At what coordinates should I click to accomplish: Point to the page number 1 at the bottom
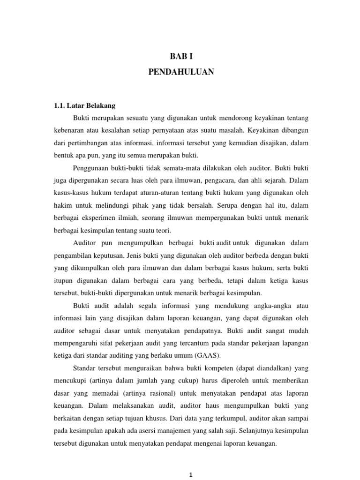pos(190,474)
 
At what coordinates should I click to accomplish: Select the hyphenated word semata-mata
pos(173,167)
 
